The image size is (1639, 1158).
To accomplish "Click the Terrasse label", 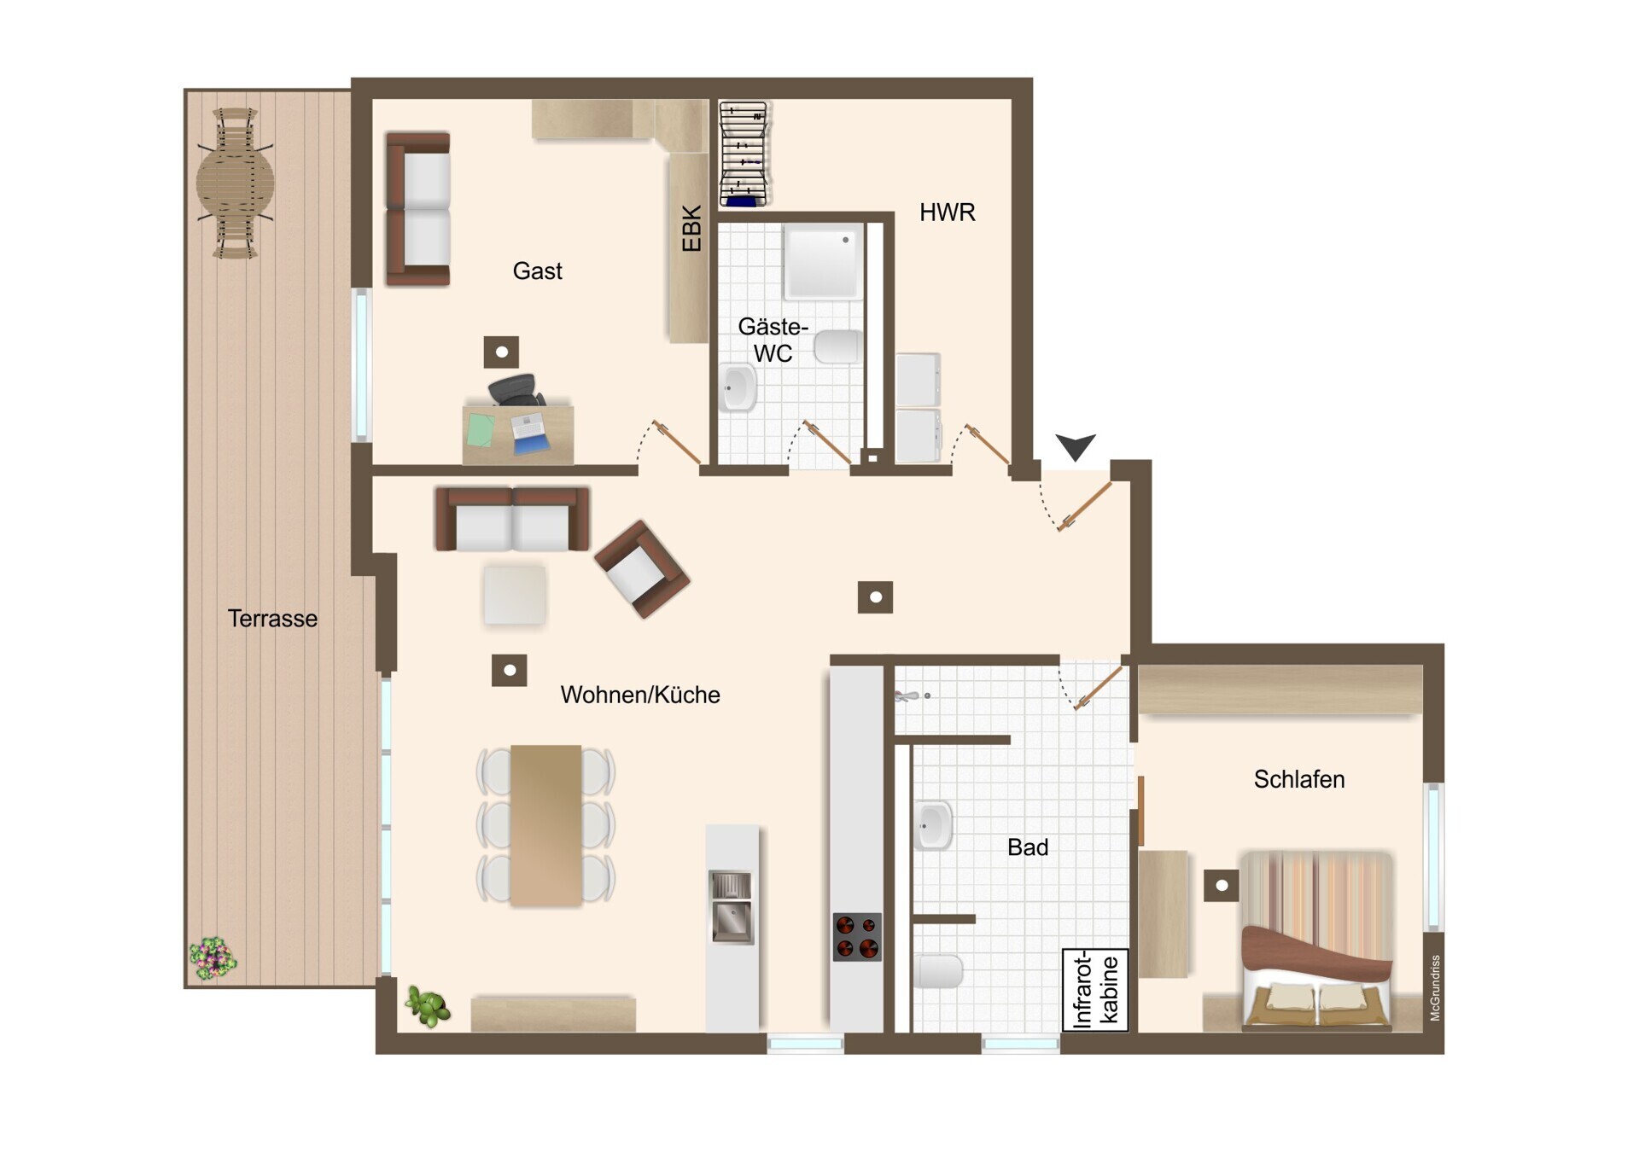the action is pyautogui.click(x=272, y=619).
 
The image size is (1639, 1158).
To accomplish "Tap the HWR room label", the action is pyautogui.click(x=947, y=212).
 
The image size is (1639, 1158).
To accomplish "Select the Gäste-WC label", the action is pyautogui.click(x=773, y=340).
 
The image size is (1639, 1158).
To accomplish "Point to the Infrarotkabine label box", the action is pyautogui.click(x=1095, y=990).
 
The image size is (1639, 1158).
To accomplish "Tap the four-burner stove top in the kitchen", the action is pyautogui.click(x=857, y=936).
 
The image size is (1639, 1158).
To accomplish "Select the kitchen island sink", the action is pyautogui.click(x=732, y=907).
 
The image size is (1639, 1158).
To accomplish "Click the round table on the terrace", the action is pyautogui.click(x=236, y=183).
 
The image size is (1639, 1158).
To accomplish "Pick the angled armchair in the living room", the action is pyautogui.click(x=642, y=568).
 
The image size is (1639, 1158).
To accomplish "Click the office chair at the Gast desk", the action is pyautogui.click(x=516, y=390).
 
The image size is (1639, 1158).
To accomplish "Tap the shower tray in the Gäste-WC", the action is pyautogui.click(x=823, y=261).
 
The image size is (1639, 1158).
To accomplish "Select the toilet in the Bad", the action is pyautogui.click(x=938, y=971).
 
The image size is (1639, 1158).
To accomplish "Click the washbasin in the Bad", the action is pyautogui.click(x=933, y=825).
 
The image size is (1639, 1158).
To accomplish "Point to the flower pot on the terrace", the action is pyautogui.click(x=213, y=957).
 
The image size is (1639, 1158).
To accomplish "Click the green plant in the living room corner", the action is pyautogui.click(x=428, y=1006).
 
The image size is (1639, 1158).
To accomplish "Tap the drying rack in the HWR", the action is pyautogui.click(x=744, y=154).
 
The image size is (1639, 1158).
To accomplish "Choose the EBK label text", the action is pyautogui.click(x=691, y=229).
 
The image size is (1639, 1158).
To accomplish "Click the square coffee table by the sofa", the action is pyautogui.click(x=515, y=595).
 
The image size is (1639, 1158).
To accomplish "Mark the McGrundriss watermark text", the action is pyautogui.click(x=1435, y=987).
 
